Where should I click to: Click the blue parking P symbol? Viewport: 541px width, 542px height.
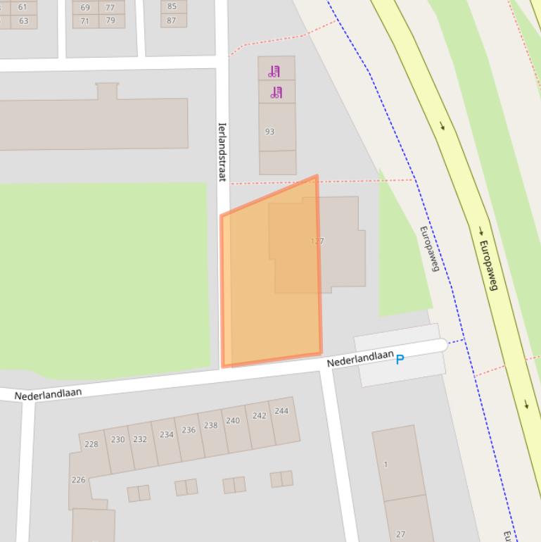coord(400,360)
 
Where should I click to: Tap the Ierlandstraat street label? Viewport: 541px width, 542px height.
coord(222,152)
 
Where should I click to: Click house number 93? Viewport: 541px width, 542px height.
coord(269,132)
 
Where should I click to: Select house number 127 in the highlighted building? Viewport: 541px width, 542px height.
coord(317,241)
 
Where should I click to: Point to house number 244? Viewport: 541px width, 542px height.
coord(281,411)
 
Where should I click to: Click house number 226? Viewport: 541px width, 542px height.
coord(78,480)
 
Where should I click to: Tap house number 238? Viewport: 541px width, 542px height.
coord(210,425)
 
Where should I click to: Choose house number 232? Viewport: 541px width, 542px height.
coord(140,439)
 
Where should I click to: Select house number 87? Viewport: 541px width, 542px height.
coord(172,20)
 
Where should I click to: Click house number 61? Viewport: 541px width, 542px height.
coord(23,7)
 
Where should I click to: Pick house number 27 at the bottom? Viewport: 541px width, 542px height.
coord(401,534)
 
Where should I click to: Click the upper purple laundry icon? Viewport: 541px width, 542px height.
coord(274,71)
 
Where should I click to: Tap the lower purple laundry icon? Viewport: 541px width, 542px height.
coord(276,92)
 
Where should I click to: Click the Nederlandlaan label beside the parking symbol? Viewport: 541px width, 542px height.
coord(359,358)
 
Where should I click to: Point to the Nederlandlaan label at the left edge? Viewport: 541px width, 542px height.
coord(48,394)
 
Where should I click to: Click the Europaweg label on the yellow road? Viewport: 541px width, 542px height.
coord(488,265)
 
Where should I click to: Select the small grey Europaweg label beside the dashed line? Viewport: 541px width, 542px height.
coord(429,248)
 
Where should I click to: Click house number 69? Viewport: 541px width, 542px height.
coord(85,8)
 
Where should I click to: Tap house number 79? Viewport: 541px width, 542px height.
coord(110,20)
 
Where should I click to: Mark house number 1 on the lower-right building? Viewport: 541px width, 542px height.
coord(386,465)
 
